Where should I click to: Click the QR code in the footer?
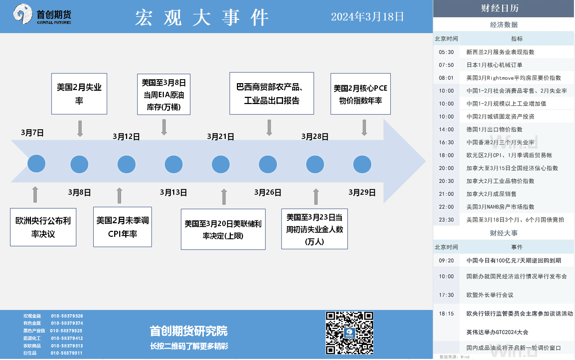click(349, 333)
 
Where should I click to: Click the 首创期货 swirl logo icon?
click(23, 14)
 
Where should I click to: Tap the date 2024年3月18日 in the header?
click(367, 17)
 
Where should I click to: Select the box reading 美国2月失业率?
click(79, 94)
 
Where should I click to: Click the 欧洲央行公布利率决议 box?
click(43, 227)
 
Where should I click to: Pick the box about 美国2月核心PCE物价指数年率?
click(360, 94)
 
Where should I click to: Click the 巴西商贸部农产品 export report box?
click(271, 93)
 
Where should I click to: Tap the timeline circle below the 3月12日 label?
click(126, 164)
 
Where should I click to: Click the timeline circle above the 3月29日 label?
click(362, 164)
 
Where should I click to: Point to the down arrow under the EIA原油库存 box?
click(164, 127)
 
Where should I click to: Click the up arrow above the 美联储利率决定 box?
click(224, 197)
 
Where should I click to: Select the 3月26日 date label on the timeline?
click(268, 192)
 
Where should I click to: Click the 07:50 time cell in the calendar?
click(446, 65)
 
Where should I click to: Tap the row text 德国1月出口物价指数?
click(494, 129)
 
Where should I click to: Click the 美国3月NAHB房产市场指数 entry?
click(500, 207)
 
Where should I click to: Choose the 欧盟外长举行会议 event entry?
click(490, 295)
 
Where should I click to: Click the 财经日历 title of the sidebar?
click(500, 8)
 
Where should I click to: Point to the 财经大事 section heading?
click(504, 233)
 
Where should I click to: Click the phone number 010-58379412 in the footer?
click(67, 338)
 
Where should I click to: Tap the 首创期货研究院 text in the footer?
click(189, 331)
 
